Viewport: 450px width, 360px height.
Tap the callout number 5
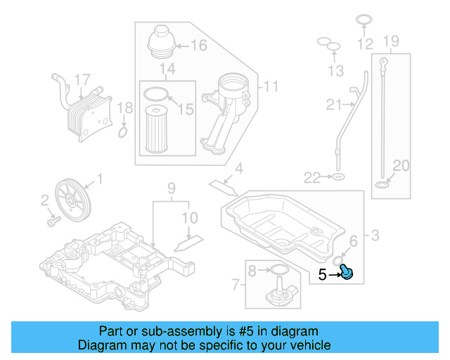[322, 275]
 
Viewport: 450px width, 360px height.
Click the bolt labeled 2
[51, 221]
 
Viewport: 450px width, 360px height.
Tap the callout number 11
[270, 87]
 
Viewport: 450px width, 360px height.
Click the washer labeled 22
[338, 176]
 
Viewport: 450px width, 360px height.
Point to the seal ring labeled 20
[382, 185]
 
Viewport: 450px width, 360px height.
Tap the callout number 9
[169, 188]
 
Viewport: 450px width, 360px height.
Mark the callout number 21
[333, 105]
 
